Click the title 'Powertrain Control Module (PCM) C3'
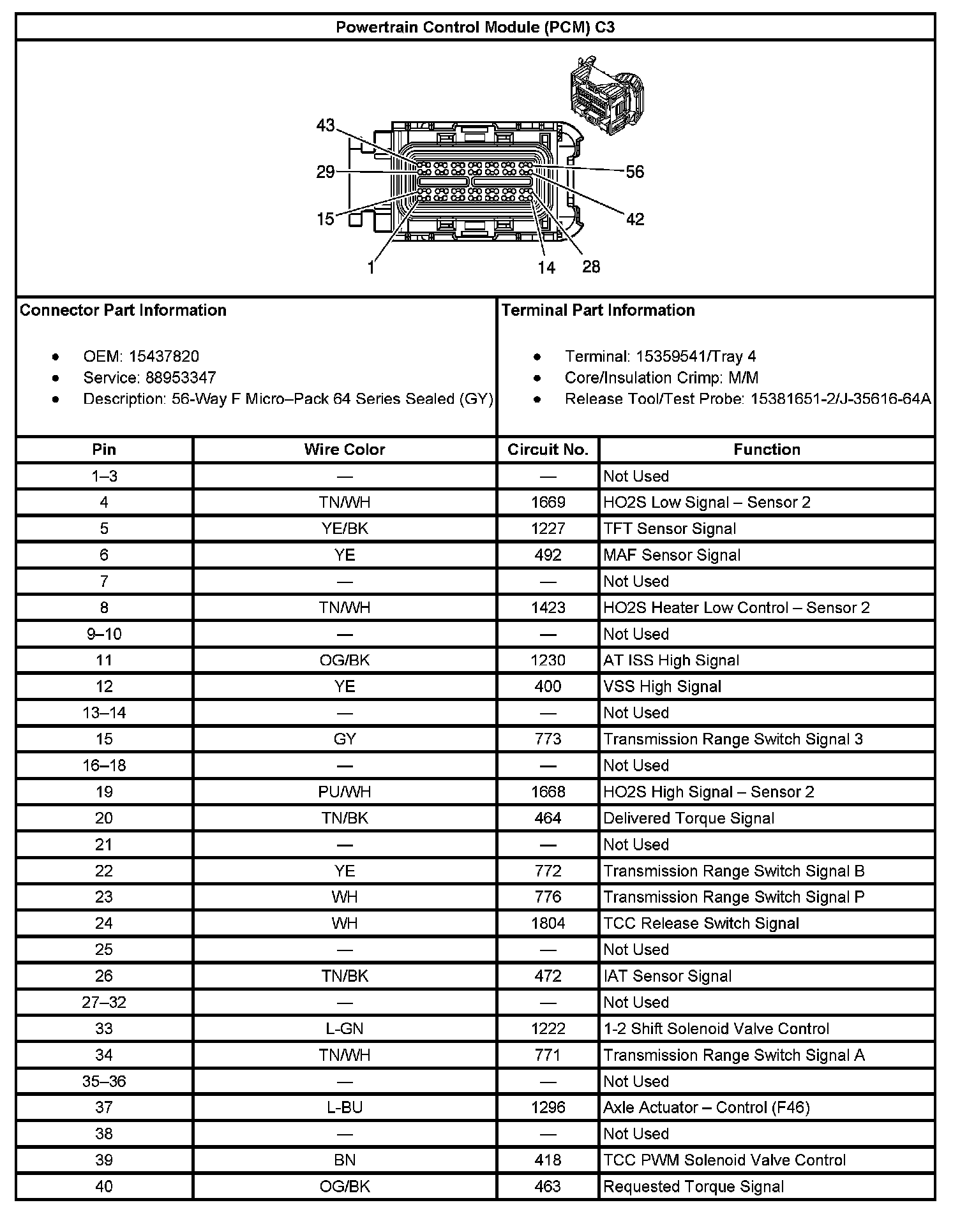(475, 27)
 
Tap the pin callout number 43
(326, 126)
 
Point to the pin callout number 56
(634, 172)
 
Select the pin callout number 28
(591, 267)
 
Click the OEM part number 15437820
(164, 356)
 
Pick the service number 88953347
(181, 378)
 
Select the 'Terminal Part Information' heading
(598, 310)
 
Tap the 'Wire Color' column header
(345, 450)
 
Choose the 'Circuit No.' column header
(548, 450)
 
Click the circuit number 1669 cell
(548, 503)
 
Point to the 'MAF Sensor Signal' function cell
(671, 555)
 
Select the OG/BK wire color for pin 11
(345, 660)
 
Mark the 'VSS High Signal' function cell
(662, 686)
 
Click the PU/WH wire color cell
(345, 792)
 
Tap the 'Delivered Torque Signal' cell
(689, 818)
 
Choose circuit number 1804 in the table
(548, 923)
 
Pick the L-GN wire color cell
(345, 1028)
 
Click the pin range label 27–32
(104, 1002)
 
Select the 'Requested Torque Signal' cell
(693, 1186)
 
